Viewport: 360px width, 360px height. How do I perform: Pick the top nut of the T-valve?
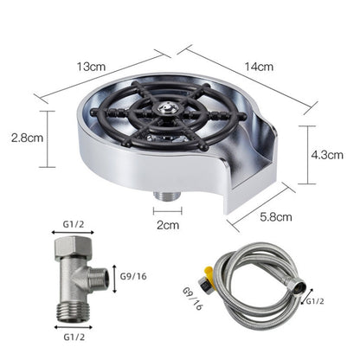pos(76,249)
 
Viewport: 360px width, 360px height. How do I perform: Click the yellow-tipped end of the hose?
pos(206,280)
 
